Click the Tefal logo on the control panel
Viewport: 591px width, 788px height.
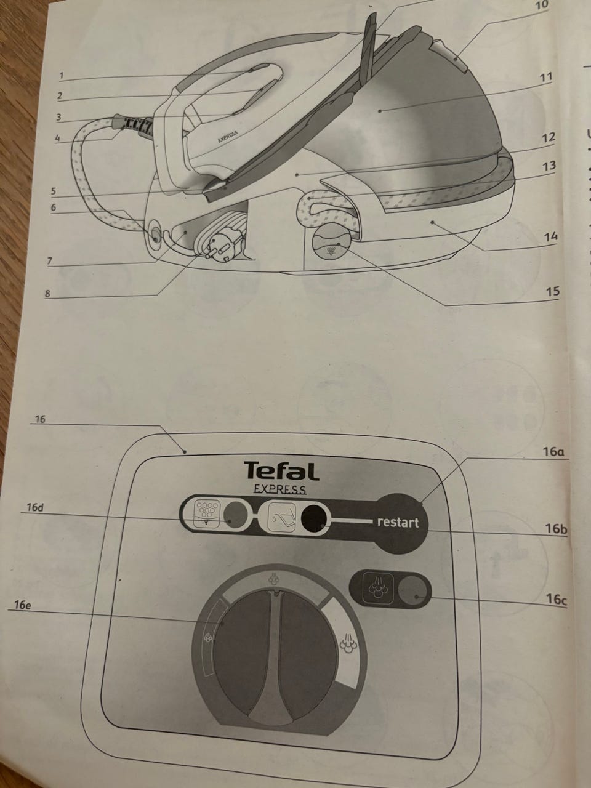[x=282, y=471]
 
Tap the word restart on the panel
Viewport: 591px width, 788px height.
[x=398, y=522]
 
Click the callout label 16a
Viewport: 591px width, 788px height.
[x=553, y=452]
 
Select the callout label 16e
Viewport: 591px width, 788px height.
[x=23, y=605]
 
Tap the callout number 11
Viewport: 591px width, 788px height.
[x=546, y=77]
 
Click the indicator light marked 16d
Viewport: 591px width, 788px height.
[x=235, y=516]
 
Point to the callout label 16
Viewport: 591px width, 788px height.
[x=40, y=419]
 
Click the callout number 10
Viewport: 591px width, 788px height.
[x=542, y=5]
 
